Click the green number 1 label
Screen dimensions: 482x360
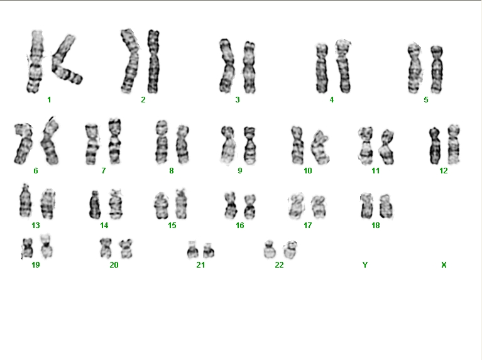click(49, 100)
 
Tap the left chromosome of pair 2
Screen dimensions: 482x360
click(129, 61)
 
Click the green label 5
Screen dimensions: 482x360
click(425, 100)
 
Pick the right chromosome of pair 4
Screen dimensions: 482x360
click(343, 67)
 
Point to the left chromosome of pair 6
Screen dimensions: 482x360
click(23, 144)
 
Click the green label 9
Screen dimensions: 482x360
click(240, 171)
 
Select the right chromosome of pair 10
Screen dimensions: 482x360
click(320, 148)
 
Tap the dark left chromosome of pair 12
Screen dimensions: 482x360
click(435, 146)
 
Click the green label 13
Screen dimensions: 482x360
click(36, 226)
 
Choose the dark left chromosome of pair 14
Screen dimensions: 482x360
click(95, 205)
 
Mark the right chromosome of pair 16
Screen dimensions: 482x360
click(250, 206)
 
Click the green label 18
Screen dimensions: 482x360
click(376, 226)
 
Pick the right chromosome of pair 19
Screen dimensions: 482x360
click(46, 246)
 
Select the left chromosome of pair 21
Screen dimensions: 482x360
click(192, 250)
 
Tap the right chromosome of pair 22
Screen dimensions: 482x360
click(290, 250)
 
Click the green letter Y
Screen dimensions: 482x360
click(365, 265)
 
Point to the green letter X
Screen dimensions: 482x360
click(444, 265)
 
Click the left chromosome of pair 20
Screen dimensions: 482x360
click(106, 248)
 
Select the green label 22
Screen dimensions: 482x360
click(279, 265)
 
